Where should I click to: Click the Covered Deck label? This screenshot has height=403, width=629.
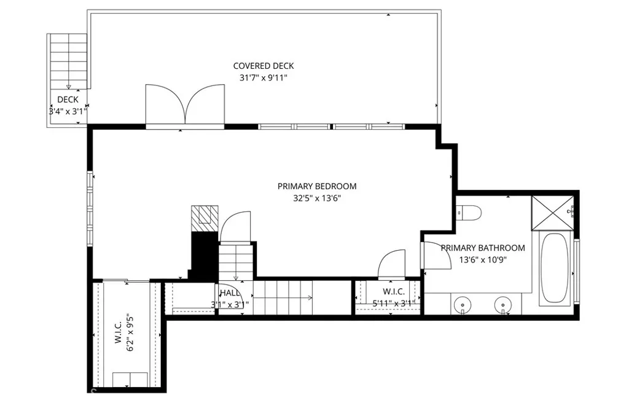click(264, 66)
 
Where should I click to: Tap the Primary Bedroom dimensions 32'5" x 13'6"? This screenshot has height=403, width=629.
click(316, 198)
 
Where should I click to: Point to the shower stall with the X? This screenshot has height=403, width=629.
click(552, 213)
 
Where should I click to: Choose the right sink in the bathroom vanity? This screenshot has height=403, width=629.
click(504, 303)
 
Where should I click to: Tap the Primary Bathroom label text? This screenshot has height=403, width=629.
click(483, 248)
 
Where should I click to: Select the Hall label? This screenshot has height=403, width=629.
click(229, 294)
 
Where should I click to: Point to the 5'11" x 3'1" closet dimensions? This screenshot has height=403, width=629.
click(393, 303)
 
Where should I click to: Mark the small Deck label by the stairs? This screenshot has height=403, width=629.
click(68, 100)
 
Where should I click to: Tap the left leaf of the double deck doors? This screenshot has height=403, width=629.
click(162, 104)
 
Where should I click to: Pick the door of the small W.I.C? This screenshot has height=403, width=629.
click(391, 264)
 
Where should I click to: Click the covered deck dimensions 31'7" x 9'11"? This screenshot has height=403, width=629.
click(264, 78)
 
